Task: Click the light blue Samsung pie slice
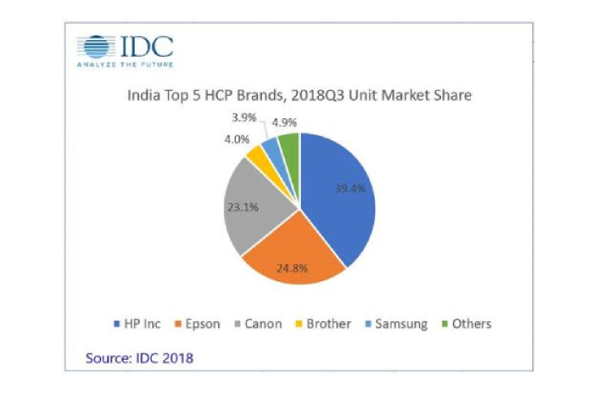click(x=272, y=148)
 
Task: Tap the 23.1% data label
click(x=242, y=207)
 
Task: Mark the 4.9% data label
click(x=283, y=123)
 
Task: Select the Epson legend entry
click(x=196, y=323)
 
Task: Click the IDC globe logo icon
click(x=94, y=46)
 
